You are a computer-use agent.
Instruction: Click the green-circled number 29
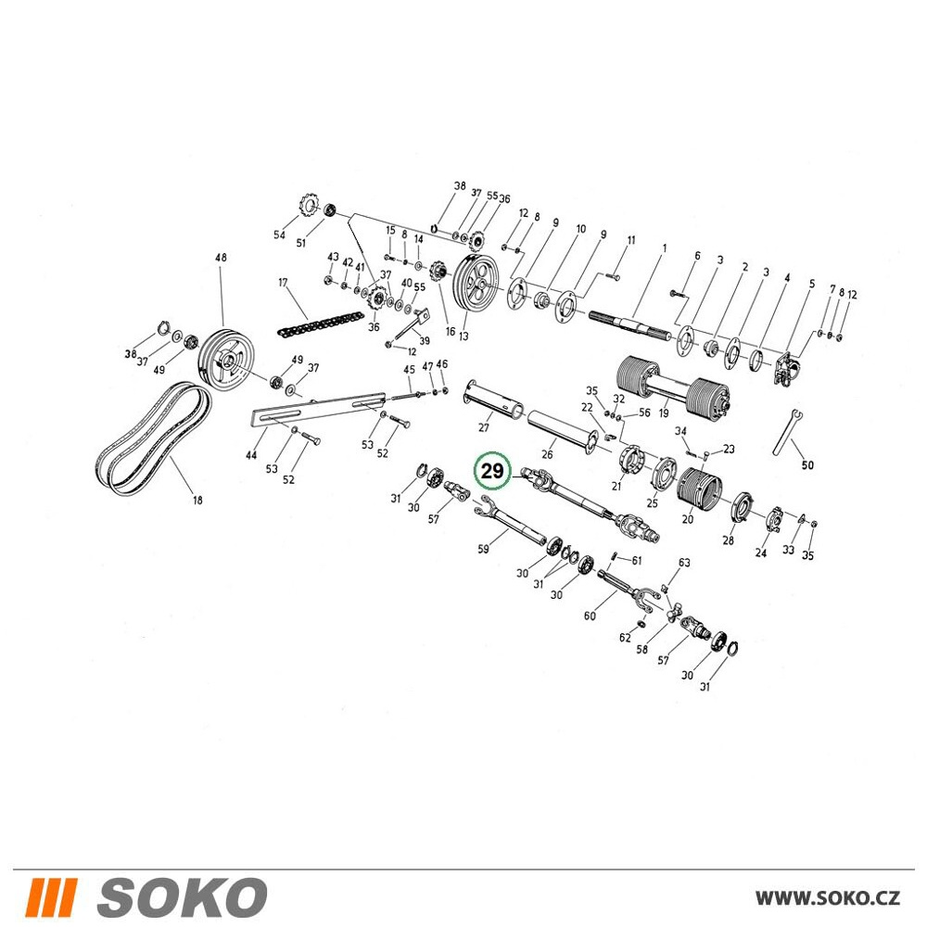pos(492,471)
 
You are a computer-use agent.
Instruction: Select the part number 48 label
pos(222,258)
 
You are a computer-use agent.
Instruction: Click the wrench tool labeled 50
pos(787,432)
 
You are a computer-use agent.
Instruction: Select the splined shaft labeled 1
pos(630,325)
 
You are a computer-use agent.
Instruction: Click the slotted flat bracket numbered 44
pos(319,409)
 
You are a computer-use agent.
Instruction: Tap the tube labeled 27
pos(495,397)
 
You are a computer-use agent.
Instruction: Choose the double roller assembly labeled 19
pos(673,389)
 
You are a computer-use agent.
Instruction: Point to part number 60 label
pos(590,616)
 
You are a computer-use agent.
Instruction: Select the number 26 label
pos(547,454)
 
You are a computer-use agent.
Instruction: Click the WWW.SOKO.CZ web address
pos(828,897)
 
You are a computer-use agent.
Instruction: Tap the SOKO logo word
pos(182,897)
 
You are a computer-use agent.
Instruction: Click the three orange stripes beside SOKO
pos(53,897)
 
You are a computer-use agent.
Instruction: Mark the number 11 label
pos(630,240)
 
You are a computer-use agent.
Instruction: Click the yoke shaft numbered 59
pos(512,521)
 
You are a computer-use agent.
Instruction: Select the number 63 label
pos(683,563)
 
